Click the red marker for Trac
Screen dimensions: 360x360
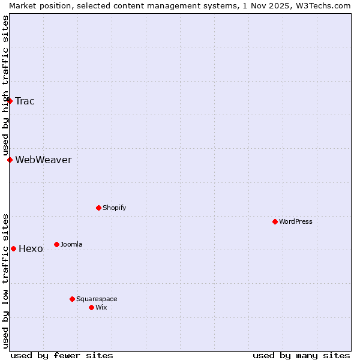point(10,101)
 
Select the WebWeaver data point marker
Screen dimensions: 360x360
point(10,160)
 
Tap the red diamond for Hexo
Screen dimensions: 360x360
point(13,248)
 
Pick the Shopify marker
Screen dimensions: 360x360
point(98,208)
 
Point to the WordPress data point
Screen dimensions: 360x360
point(275,221)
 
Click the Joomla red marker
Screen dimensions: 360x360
point(56,244)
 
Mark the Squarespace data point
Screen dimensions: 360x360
point(72,299)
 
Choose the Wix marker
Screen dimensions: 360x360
point(91,307)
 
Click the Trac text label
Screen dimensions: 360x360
point(25,101)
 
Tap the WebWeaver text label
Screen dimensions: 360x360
point(43,160)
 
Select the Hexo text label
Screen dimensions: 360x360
point(31,248)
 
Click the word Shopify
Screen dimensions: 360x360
point(114,208)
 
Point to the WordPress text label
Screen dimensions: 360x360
point(296,221)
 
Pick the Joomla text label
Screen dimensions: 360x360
point(71,244)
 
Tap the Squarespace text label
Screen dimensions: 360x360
point(97,299)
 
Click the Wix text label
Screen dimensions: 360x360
point(101,307)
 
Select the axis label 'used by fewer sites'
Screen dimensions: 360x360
point(62,355)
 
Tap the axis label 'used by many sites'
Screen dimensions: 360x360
point(301,355)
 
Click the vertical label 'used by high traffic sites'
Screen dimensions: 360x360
point(5,85)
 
